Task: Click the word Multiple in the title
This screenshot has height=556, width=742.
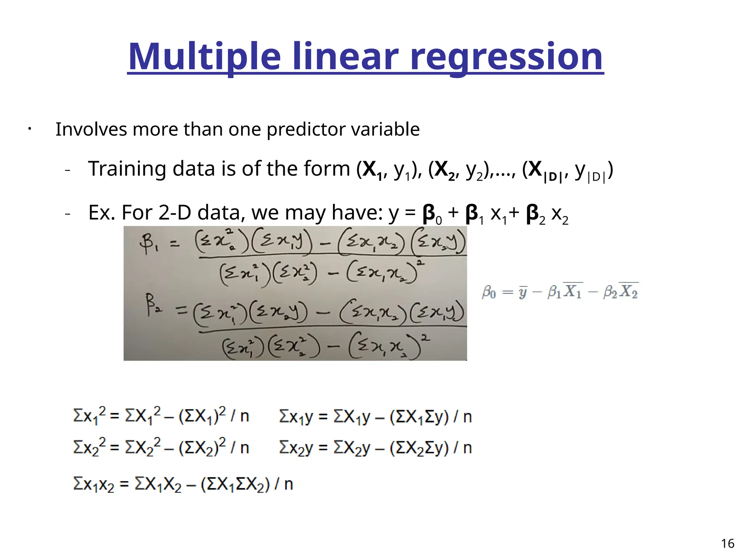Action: (204, 57)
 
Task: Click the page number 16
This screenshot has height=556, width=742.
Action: (728, 543)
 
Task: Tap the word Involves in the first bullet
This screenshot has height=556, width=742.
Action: (91, 129)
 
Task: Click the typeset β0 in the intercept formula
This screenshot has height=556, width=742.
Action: (489, 292)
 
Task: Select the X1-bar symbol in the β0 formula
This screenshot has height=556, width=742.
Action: (573, 291)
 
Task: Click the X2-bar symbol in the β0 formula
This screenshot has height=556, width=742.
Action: (629, 291)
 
